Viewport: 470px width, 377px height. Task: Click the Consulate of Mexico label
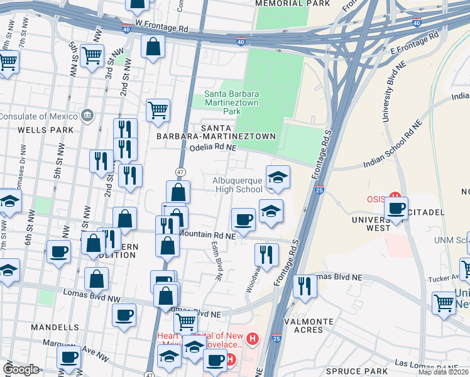pyautogui.click(x=39, y=116)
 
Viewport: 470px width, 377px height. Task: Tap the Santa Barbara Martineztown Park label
pyautogui.click(x=231, y=103)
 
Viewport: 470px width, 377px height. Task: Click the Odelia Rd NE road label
pyautogui.click(x=212, y=148)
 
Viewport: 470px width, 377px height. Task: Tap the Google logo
pyautogui.click(x=21, y=369)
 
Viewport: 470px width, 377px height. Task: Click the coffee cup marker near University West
pyautogui.click(x=396, y=209)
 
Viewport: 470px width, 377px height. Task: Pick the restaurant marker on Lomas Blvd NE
pyautogui.click(x=305, y=286)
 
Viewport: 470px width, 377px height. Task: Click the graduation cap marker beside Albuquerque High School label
pyautogui.click(x=278, y=177)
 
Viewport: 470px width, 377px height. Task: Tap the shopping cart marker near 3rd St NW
pyautogui.click(x=92, y=55)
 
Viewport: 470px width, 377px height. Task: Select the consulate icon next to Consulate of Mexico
pyautogui.click(x=87, y=116)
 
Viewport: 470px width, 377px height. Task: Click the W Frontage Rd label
pyautogui.click(x=161, y=29)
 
